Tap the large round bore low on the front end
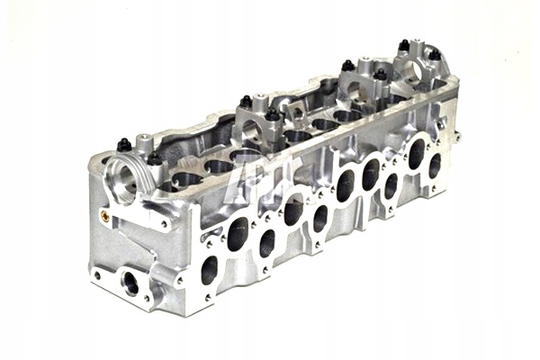pos(131,283)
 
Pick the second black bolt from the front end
pos(154,157)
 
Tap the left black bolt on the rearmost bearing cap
pos(403,45)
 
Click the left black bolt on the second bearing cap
pos(245,102)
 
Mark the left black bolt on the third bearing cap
pos(348,66)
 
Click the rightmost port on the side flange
pos(435,166)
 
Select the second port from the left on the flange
pos(238,235)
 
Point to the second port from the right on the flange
pos(416,153)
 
